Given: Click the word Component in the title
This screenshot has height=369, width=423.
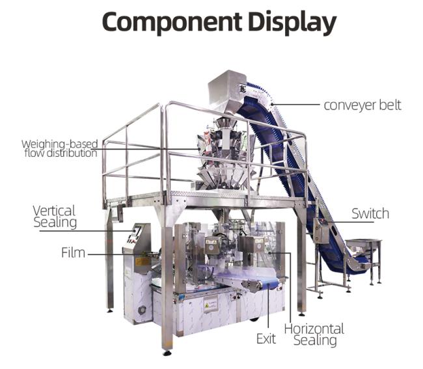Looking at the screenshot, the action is (x=172, y=21).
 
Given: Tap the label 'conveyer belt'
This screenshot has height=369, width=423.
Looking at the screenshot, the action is (x=362, y=105).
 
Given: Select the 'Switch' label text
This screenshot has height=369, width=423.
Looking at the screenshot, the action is (x=370, y=213).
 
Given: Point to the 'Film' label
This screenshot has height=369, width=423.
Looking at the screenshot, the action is (x=73, y=253).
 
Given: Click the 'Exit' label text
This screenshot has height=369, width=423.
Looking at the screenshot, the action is (x=266, y=339).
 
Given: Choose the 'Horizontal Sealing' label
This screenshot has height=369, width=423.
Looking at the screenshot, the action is (x=314, y=335).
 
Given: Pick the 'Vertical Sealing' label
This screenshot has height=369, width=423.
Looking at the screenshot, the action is (x=55, y=217).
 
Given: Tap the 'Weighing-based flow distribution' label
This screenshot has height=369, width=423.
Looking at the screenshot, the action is (x=60, y=148).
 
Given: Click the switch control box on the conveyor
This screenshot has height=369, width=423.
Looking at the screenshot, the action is (x=321, y=230).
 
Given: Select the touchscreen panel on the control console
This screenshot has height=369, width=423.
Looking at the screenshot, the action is (x=136, y=232).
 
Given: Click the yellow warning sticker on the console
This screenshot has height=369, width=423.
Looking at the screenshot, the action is (x=142, y=262).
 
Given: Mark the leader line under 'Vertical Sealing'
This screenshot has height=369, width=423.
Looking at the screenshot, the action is (x=87, y=231).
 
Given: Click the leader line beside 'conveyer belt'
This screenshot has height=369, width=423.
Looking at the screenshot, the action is (x=295, y=104).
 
